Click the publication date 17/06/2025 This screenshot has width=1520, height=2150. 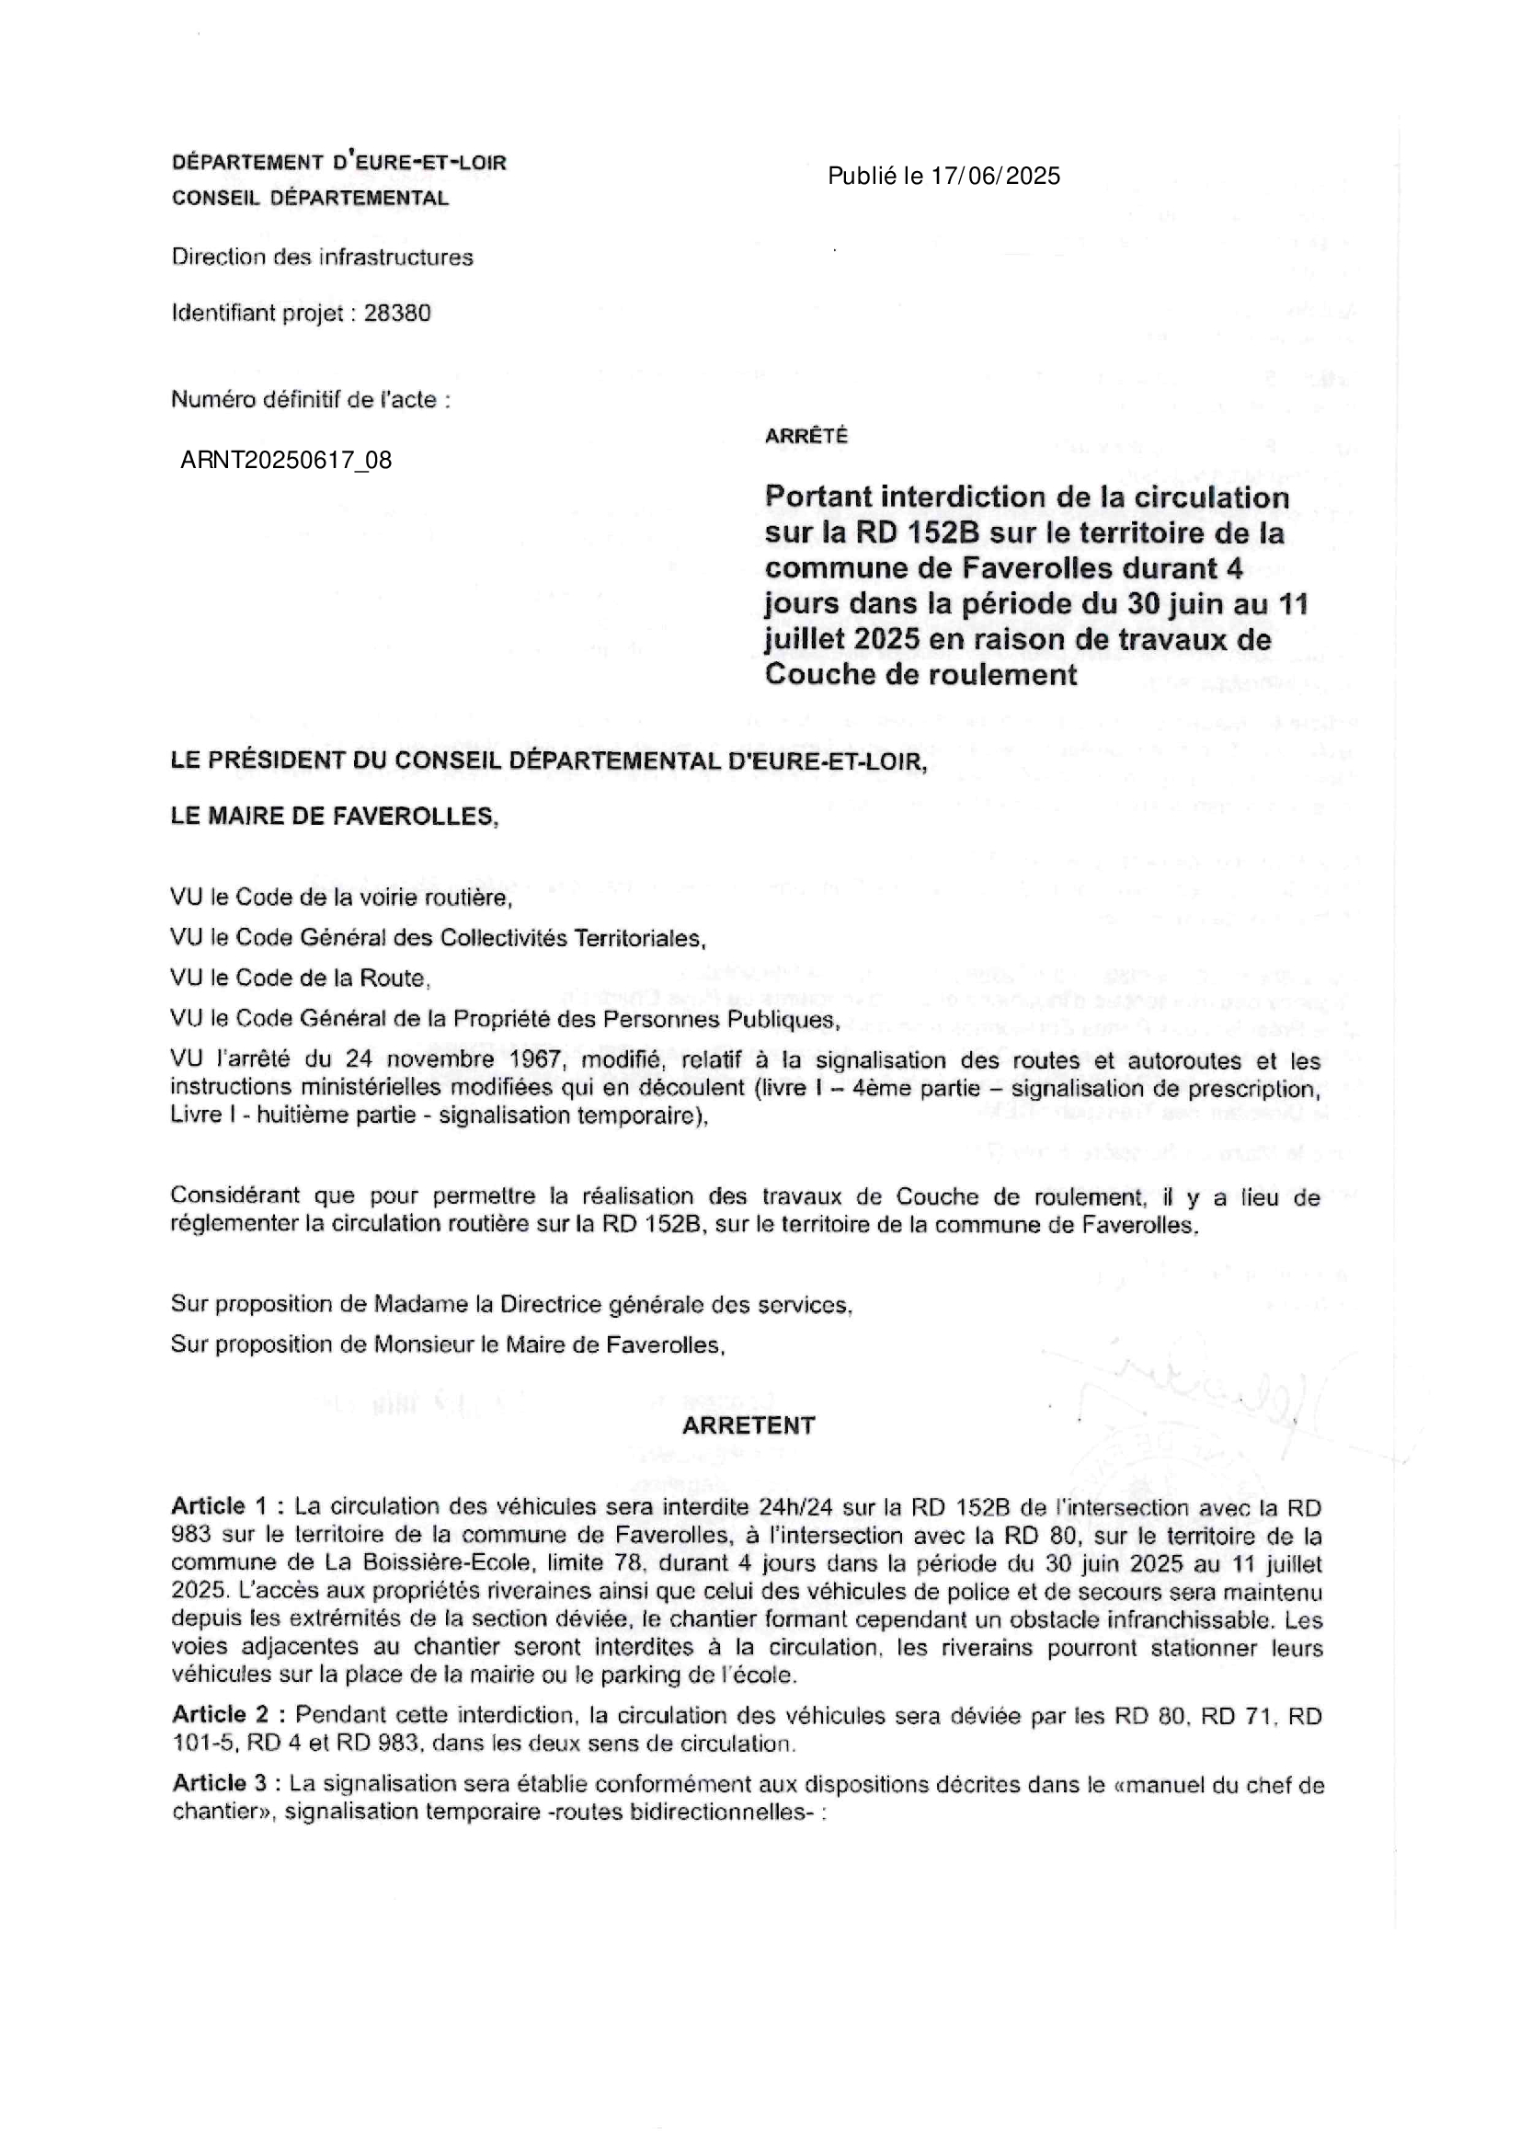(x=995, y=176)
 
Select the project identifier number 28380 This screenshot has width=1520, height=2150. (x=397, y=313)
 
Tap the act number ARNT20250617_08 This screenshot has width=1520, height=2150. (x=286, y=460)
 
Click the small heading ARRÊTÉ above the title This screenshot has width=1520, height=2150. (x=806, y=436)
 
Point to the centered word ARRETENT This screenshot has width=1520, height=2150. (x=749, y=1425)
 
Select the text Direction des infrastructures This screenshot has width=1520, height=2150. (x=322, y=257)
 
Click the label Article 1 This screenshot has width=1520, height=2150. (x=221, y=1506)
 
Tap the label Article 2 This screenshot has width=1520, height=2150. (x=222, y=1714)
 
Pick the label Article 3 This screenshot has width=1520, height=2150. (x=222, y=1784)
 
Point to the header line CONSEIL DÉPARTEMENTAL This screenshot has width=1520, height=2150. (x=310, y=199)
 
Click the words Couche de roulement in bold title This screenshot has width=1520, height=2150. (x=920, y=674)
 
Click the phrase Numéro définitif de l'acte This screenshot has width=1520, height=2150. (x=310, y=400)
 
